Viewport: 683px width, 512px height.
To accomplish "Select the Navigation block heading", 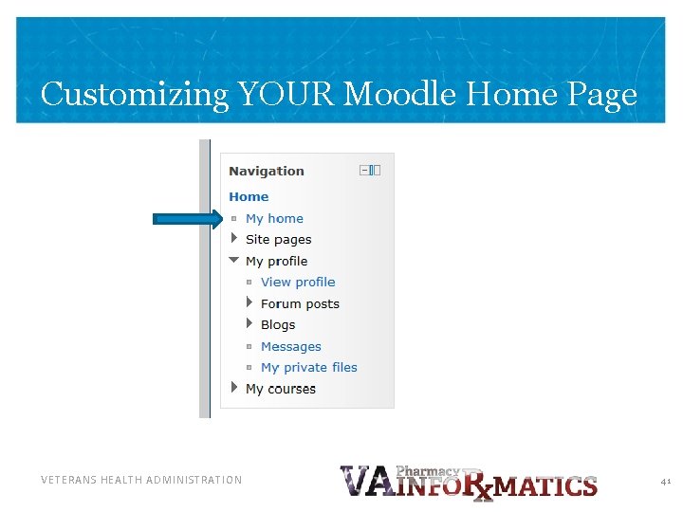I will [267, 172].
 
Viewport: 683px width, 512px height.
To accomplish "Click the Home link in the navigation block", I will [249, 197].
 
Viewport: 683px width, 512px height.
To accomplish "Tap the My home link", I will [274, 218].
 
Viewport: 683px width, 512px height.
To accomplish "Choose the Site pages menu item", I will [278, 240].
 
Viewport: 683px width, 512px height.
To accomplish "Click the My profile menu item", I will [276, 262].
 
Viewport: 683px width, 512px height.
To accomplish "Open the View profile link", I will [298, 283].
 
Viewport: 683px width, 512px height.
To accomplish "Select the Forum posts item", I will [300, 304].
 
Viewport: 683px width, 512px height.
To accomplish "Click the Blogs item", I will [278, 325].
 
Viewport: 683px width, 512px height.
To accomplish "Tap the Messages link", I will [290, 347].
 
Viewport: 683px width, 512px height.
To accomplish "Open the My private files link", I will [308, 368].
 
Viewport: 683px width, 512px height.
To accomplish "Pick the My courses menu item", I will [280, 389].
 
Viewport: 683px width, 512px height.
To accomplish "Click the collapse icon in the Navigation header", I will [365, 171].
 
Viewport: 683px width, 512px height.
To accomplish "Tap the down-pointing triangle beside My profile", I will [234, 261].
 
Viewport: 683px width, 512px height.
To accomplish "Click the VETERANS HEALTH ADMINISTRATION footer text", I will [141, 481].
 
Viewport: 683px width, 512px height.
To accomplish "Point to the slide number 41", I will [666, 482].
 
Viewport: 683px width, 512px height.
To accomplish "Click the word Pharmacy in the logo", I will [427, 471].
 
